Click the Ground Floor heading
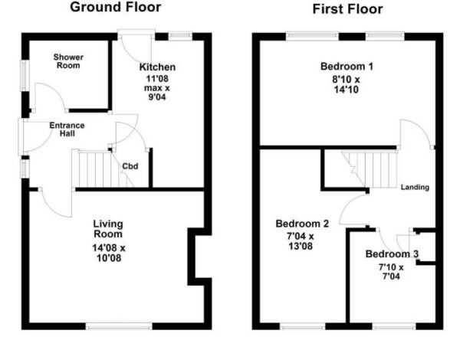(116, 7)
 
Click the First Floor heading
(347, 9)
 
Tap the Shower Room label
(68, 61)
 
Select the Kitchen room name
(157, 67)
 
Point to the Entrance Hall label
(67, 129)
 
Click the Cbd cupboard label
(130, 166)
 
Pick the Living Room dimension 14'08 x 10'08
(109, 253)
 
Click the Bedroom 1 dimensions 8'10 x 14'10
(347, 84)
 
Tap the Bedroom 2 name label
(302, 224)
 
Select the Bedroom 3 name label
(392, 254)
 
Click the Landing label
(415, 187)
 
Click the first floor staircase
(370, 169)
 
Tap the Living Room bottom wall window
(119, 326)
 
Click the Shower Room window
(25, 75)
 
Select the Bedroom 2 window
(303, 326)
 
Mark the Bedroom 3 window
(394, 326)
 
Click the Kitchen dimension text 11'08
(157, 79)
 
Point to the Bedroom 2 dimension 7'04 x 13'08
(301, 241)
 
